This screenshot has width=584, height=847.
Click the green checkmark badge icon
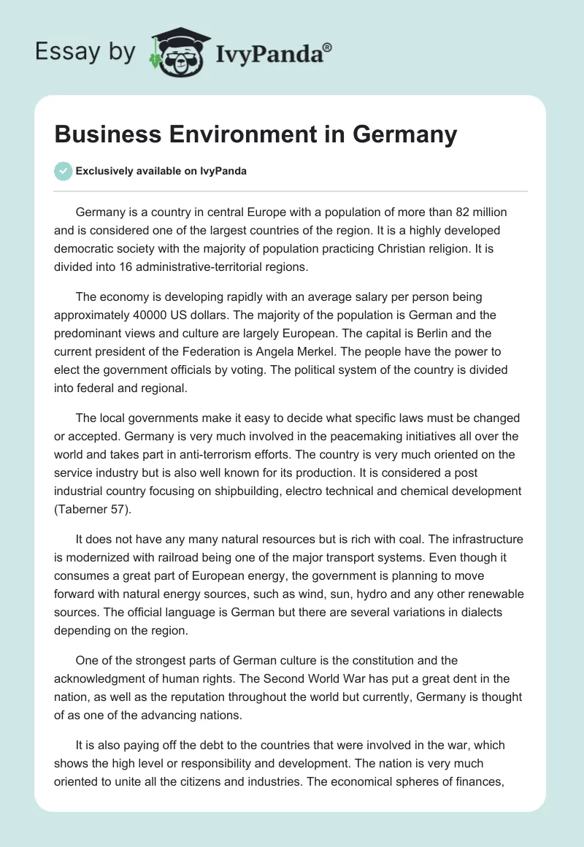[x=63, y=171]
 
